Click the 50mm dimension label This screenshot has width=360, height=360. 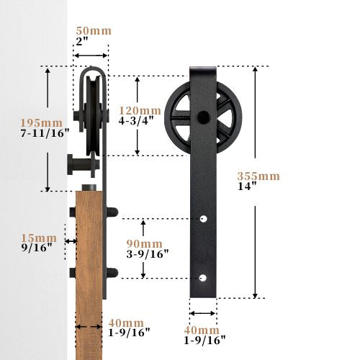94,31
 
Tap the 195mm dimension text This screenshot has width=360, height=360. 41,123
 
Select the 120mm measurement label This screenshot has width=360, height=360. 140,111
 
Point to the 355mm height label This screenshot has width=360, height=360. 258,176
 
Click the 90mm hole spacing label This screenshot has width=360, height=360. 145,244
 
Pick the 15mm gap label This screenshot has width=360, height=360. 39,238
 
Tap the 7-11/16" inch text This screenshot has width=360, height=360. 45,133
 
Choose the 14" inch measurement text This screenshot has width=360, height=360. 247,186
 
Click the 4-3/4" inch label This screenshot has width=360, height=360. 136,121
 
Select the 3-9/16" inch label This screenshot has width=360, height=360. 148,254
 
